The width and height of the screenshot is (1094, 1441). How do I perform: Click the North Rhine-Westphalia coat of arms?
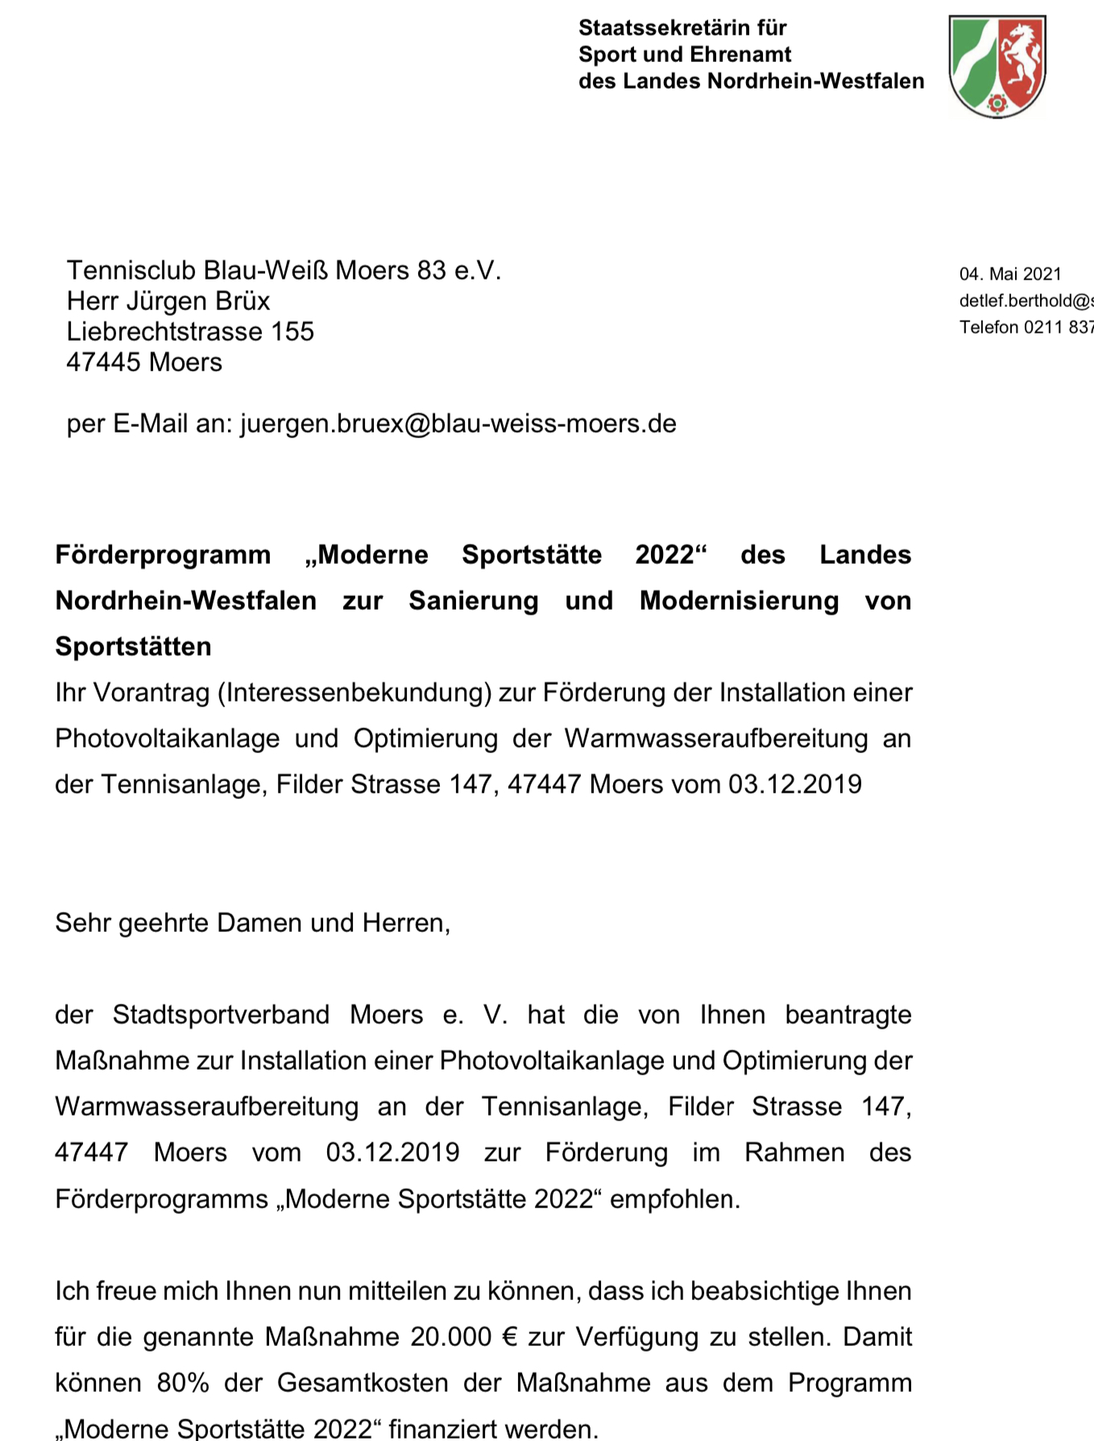click(997, 66)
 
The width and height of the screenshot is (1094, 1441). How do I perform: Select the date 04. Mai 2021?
click(1010, 274)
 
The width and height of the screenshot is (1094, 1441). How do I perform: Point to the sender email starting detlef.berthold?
click(1026, 300)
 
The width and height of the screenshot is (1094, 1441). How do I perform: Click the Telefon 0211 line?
click(1026, 327)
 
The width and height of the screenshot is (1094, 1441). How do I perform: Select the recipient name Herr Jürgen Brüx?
click(168, 301)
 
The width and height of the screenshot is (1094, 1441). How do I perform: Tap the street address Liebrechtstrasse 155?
click(190, 332)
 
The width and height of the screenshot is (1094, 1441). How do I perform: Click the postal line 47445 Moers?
click(144, 362)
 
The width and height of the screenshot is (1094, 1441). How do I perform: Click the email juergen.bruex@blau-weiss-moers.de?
click(458, 424)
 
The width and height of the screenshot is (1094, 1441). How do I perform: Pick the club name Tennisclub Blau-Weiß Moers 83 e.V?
click(284, 271)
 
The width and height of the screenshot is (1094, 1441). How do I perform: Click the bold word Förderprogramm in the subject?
click(163, 555)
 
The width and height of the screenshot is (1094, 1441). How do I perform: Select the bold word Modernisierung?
click(739, 601)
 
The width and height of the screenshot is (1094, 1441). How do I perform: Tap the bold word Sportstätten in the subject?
click(133, 647)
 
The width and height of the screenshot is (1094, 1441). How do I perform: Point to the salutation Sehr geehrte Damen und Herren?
click(252, 923)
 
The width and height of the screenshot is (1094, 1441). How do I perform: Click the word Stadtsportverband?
click(221, 1015)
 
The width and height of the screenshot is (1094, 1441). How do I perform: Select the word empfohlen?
click(674, 1199)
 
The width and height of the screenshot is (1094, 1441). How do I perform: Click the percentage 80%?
click(183, 1384)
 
